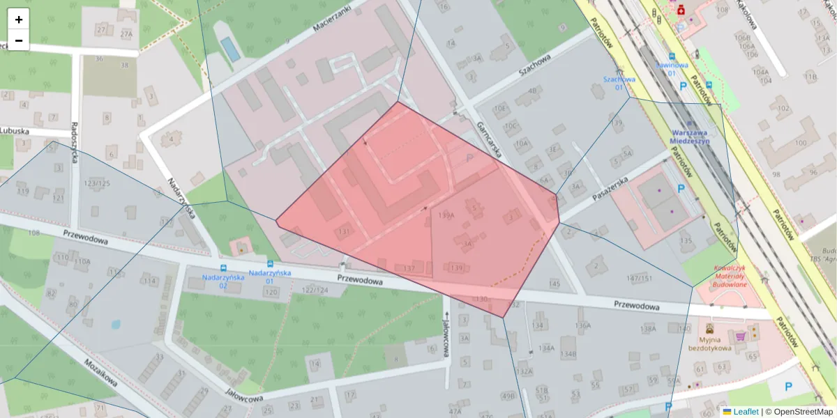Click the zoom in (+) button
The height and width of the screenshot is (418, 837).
click(x=19, y=20)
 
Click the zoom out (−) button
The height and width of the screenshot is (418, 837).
click(x=19, y=40)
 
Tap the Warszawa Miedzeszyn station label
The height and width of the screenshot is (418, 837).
click(x=690, y=136)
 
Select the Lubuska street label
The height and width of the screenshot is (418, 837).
click(x=14, y=130)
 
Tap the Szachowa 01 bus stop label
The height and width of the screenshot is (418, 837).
click(x=619, y=83)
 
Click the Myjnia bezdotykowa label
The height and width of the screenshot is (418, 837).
click(x=709, y=343)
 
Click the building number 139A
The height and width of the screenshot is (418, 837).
click(x=446, y=216)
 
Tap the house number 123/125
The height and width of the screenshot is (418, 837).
click(x=97, y=184)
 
